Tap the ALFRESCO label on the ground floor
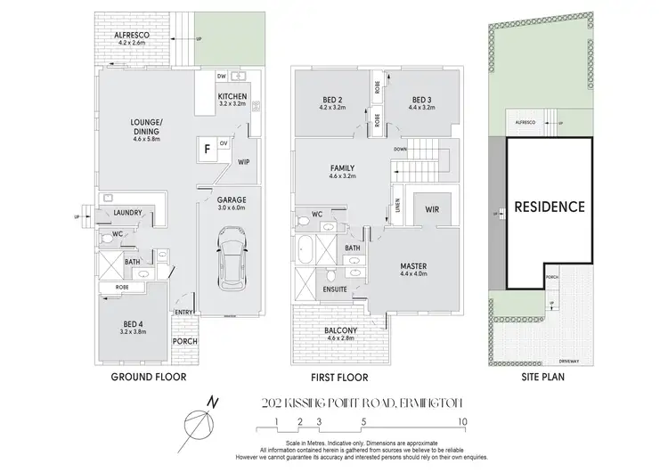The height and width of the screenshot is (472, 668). [x=129, y=36]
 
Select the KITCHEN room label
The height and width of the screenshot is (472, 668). [x=232, y=97]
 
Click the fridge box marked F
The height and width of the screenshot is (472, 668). [x=207, y=150]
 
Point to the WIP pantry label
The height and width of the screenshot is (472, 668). [x=243, y=162]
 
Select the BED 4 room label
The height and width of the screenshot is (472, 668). [x=124, y=323]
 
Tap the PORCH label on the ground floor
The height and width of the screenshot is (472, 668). [x=185, y=342]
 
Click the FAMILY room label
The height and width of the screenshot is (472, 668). [x=342, y=168]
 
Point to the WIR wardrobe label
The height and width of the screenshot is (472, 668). [x=432, y=209]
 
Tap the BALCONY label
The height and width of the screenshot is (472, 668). [x=342, y=330]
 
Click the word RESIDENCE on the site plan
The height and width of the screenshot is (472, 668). [x=549, y=207]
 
